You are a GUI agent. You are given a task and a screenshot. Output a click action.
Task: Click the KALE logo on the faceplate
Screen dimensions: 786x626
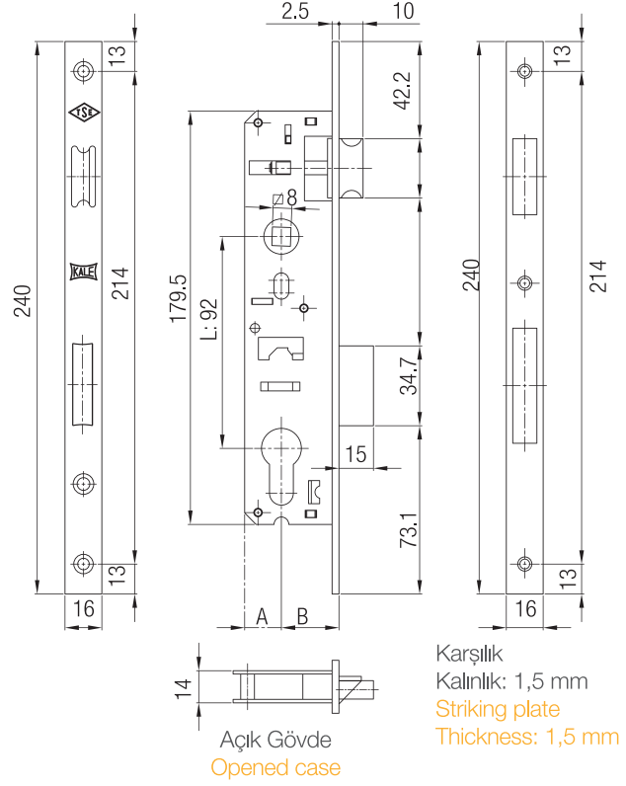[x=82, y=272]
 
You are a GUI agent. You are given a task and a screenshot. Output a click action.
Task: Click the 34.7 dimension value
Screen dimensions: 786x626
[x=407, y=376]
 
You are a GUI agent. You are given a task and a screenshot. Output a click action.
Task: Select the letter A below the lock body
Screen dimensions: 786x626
[x=263, y=616]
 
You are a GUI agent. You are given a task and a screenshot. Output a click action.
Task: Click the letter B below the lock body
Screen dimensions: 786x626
[x=303, y=616]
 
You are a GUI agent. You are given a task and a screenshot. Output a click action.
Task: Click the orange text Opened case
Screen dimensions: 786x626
[x=275, y=767]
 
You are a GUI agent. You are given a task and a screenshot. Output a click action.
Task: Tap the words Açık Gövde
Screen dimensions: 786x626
[x=275, y=741]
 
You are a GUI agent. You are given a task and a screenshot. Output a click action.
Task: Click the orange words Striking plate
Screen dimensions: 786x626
[x=498, y=709]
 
